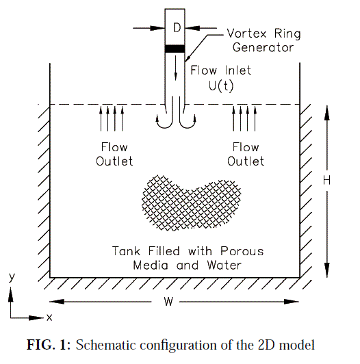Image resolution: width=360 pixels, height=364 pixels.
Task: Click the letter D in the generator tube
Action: (177, 27)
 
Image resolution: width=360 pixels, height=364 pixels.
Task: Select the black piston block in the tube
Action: (175, 49)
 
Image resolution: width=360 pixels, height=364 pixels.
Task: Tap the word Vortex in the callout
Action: (246, 34)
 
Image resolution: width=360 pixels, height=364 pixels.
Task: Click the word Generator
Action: (263, 48)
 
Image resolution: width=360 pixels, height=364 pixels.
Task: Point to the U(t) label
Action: (221, 86)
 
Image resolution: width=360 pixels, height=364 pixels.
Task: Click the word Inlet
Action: (238, 70)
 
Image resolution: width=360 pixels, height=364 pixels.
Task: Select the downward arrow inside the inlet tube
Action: (176, 68)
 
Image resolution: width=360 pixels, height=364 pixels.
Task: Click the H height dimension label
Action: (326, 180)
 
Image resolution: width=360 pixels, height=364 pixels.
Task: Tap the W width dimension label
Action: (168, 302)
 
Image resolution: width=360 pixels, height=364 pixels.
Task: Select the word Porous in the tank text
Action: (242, 251)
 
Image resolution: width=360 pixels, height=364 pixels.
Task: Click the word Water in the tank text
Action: (224, 265)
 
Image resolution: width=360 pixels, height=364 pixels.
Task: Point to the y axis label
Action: (12, 277)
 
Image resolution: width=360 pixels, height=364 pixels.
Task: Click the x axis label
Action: (49, 317)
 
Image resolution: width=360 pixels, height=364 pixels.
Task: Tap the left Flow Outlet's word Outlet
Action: (114, 161)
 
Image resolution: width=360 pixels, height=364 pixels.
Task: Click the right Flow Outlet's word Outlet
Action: (246, 161)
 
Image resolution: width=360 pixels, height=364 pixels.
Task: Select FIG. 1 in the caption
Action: (49, 345)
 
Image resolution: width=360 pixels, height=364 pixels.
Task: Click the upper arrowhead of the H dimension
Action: (326, 113)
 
